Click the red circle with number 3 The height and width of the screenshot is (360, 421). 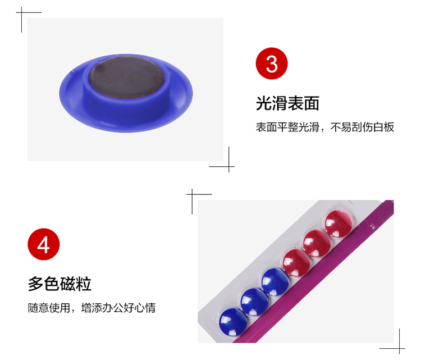272,63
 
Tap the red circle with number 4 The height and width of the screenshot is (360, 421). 43,244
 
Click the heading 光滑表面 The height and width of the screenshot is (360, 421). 287,103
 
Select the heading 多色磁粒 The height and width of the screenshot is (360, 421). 60,284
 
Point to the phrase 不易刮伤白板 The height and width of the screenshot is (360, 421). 362,127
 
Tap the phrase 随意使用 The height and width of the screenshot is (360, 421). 49,308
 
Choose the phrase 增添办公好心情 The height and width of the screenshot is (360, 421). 118,308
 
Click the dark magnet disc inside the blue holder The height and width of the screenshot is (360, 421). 126,76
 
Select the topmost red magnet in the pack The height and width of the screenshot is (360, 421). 339,224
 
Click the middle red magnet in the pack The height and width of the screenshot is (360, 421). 317,243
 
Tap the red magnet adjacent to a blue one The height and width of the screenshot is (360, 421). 297,263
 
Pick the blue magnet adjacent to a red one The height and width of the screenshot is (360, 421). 275,282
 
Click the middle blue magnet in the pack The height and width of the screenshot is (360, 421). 254,302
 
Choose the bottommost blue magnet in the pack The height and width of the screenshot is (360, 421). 233,322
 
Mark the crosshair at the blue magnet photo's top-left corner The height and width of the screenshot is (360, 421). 21,12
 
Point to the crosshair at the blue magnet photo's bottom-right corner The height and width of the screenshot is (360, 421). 229,167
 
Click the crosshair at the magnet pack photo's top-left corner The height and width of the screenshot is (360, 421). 192,194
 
